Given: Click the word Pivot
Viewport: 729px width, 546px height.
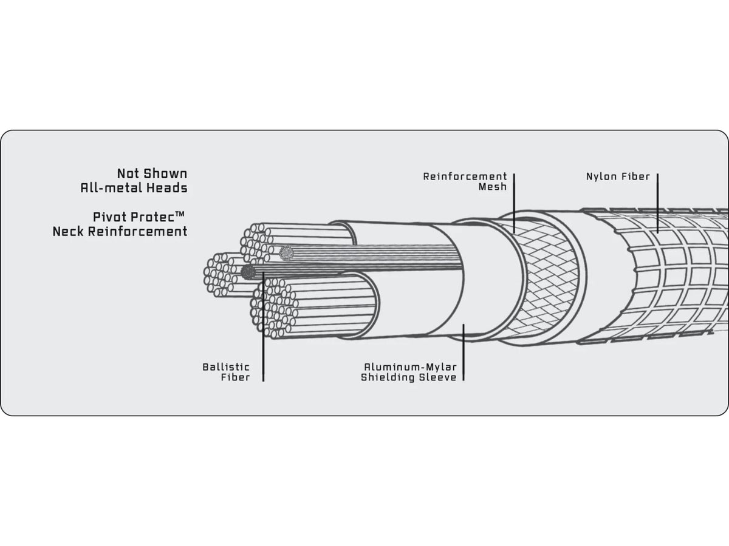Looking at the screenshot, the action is (x=109, y=217).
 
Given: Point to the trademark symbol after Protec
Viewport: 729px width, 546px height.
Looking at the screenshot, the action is (x=179, y=215).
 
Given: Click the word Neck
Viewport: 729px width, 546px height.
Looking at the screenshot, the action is (x=68, y=231).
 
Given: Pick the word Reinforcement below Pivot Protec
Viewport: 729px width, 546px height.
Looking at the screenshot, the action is (x=137, y=231).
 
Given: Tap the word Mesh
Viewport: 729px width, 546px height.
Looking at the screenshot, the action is (x=493, y=187).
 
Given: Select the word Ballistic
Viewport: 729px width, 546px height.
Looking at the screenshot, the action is (x=226, y=367).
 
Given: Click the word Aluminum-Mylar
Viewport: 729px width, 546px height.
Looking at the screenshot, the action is (x=411, y=367).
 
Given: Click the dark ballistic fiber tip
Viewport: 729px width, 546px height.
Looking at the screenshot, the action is (x=248, y=272).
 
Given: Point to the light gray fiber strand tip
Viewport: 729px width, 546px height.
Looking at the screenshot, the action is (x=287, y=253).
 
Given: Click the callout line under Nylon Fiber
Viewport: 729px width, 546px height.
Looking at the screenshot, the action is (x=657, y=203).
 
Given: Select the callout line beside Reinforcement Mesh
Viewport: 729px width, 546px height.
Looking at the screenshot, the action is (x=514, y=203).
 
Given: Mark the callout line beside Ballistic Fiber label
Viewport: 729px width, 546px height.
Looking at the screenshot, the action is (x=264, y=326).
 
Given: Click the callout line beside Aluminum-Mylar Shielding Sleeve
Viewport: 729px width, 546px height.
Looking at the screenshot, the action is (x=464, y=352).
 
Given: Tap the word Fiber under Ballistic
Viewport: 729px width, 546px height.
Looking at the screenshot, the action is (x=236, y=377).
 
